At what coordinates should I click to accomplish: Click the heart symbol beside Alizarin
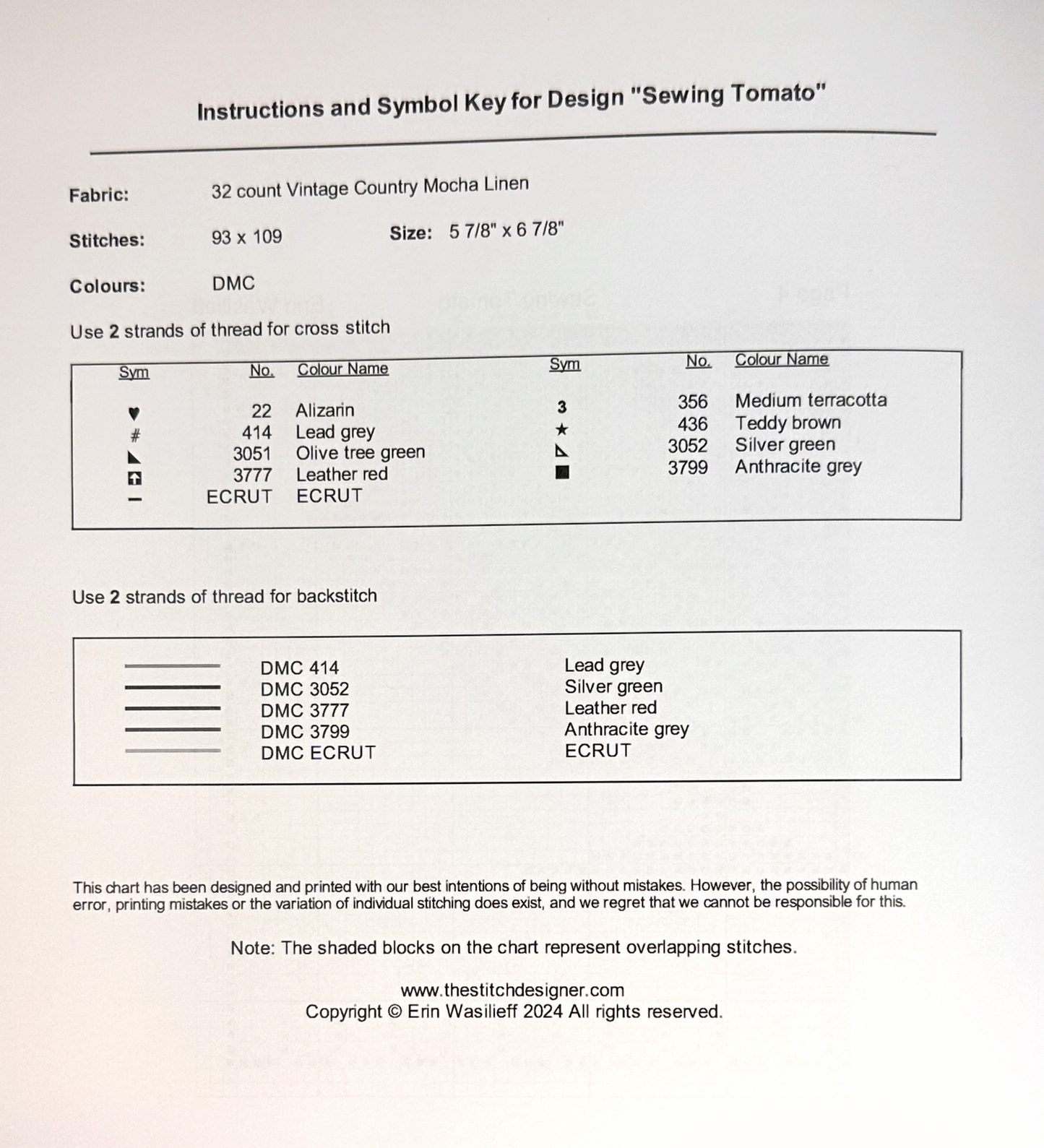point(134,414)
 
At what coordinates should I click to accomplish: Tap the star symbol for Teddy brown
point(561,430)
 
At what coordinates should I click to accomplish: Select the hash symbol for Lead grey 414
point(135,435)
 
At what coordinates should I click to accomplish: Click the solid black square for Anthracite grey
point(562,472)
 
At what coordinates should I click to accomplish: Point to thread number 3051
point(251,454)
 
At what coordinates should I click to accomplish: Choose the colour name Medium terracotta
point(811,400)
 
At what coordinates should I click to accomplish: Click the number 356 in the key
point(692,402)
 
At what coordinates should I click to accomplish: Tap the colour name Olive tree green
point(360,452)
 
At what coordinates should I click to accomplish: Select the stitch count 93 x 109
point(246,237)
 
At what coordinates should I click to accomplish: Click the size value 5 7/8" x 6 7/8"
point(506,230)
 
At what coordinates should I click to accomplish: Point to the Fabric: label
point(99,195)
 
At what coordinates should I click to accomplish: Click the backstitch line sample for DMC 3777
point(172,708)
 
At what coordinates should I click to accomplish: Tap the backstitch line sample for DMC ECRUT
point(172,751)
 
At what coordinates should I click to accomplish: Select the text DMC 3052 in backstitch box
point(304,689)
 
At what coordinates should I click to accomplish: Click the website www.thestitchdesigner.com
point(512,991)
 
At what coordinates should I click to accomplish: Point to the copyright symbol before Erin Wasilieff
point(394,1011)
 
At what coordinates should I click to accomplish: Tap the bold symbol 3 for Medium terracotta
point(561,407)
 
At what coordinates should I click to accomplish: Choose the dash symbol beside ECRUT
point(134,499)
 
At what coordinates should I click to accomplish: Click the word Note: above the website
point(252,948)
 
